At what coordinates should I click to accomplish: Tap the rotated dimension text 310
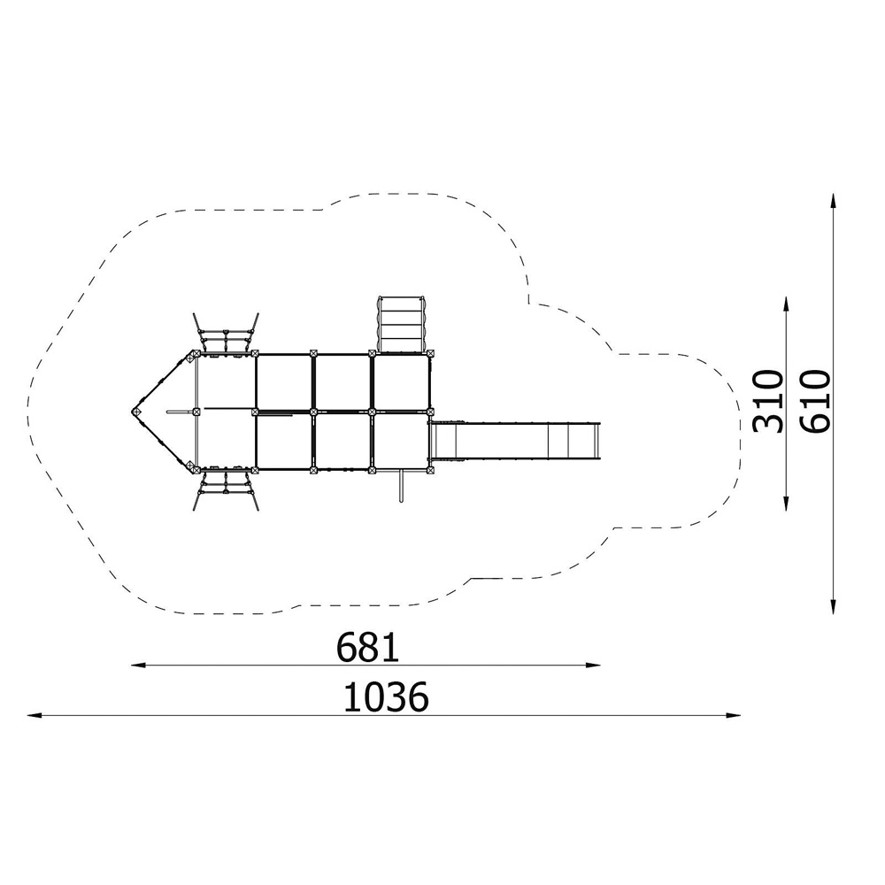(x=769, y=401)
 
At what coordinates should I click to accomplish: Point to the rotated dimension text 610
(x=816, y=401)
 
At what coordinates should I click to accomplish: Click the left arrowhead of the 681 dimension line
(x=138, y=666)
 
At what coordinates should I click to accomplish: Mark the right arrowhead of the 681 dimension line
(x=593, y=666)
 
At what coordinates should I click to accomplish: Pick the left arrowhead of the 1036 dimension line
(x=35, y=716)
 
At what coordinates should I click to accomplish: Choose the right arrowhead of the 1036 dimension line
(x=733, y=716)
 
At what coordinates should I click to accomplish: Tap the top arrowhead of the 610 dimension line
(x=833, y=201)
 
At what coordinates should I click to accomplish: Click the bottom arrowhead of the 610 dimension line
(x=833, y=606)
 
